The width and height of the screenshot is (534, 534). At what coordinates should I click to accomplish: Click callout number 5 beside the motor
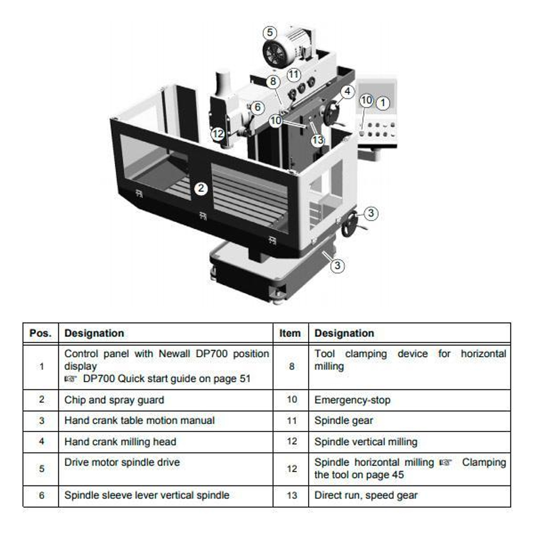tap(270, 33)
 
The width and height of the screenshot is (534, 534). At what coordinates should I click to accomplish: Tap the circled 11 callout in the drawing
tap(294, 74)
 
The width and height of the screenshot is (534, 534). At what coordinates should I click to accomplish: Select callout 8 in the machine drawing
tap(273, 82)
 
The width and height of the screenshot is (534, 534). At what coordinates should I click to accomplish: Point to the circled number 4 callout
tap(348, 92)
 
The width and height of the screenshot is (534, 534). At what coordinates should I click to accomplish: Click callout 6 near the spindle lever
tap(258, 107)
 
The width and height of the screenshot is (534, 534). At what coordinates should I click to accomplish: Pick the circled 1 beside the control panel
tap(383, 103)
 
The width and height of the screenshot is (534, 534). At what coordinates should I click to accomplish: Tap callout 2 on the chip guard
tap(201, 189)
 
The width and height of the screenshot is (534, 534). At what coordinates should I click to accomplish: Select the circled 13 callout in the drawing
tap(318, 139)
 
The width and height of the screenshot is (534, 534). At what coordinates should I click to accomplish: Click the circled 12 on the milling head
tap(218, 133)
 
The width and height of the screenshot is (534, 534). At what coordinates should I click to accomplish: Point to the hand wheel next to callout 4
tap(332, 112)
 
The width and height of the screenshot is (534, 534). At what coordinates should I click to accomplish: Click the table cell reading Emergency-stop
tap(352, 400)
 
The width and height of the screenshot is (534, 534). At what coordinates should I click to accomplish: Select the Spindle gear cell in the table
tap(343, 421)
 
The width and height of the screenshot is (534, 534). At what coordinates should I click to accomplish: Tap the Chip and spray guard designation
tap(114, 400)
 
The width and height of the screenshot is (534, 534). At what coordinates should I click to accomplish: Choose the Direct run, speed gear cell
tap(366, 496)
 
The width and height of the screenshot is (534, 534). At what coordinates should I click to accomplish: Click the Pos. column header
tap(41, 333)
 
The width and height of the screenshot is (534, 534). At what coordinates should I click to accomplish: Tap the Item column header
tap(290, 333)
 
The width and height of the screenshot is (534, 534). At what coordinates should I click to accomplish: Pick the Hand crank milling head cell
tap(120, 442)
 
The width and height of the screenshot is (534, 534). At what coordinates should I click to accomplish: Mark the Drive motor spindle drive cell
tap(122, 462)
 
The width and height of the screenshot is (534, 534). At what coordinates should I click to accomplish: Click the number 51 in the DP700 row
tap(245, 379)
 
